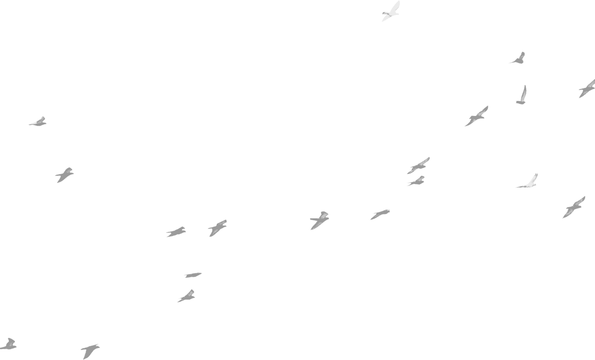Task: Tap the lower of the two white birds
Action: [x=528, y=182]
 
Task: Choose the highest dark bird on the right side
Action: [x=519, y=59]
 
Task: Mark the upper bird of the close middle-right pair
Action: [x=418, y=166]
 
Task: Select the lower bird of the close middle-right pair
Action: [x=417, y=181]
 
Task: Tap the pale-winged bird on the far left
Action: [x=38, y=122]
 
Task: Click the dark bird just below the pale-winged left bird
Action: [x=64, y=174]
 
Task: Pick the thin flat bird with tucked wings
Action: [x=192, y=275]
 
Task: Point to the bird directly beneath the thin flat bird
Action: [x=187, y=296]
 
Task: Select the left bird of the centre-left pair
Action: [x=176, y=232]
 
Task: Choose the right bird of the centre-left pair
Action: [x=217, y=228]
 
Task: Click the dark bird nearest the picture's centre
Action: [x=319, y=220]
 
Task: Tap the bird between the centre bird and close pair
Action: [x=380, y=214]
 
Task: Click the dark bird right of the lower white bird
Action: [x=573, y=207]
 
